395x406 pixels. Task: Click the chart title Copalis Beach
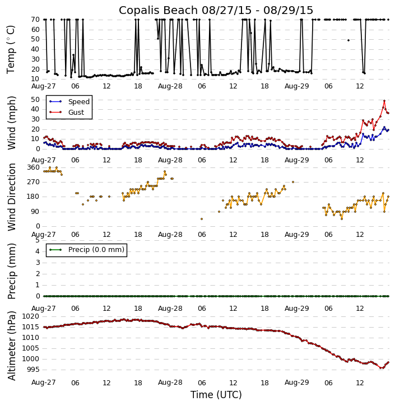coord(216,10)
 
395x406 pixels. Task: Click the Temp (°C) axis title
coord(11,49)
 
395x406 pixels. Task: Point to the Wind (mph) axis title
coord(11,123)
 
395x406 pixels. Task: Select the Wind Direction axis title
coord(11,197)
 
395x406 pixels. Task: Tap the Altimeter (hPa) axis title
coord(11,346)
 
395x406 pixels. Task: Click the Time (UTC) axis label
coord(216,395)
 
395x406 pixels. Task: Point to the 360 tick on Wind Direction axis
coord(33,167)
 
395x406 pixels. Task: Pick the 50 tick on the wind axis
coord(35,100)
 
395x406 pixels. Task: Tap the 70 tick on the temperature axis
coord(35,20)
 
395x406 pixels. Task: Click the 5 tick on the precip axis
coord(37,240)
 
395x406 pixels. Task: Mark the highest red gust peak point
coord(384,101)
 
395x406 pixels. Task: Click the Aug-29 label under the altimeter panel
coord(297,383)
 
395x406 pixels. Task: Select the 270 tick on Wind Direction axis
coord(33,182)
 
